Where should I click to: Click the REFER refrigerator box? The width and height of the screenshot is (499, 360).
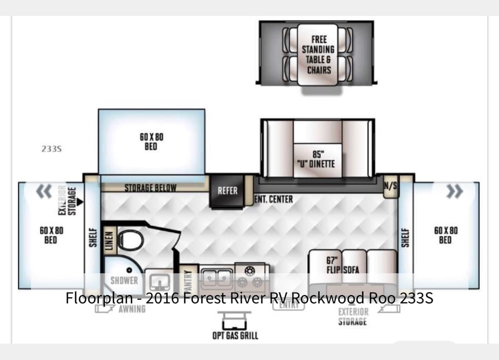227,191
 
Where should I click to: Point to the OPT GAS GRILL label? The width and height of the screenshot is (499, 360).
235,335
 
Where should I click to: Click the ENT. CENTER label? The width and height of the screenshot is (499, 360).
274,199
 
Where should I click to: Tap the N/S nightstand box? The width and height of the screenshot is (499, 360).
390,186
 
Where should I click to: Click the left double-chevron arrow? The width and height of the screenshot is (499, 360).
44,191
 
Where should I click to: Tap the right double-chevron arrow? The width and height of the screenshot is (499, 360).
454,192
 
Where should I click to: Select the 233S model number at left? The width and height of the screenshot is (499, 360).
51,149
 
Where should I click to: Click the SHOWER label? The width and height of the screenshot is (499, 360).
124,280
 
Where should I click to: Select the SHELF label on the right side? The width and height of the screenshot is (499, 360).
405,237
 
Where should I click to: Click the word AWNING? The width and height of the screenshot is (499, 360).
132,309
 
